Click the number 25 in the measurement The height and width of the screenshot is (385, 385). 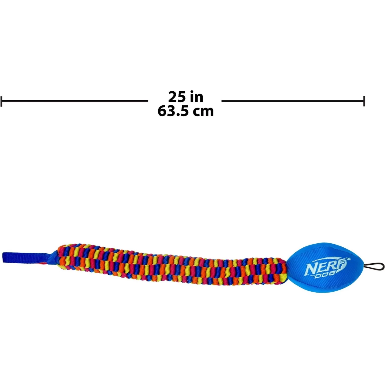pos(177,97)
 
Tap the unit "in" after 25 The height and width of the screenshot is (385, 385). pos(196,97)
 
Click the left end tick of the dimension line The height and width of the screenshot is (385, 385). pos(2,101)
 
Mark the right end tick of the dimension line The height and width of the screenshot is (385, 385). pos(364,101)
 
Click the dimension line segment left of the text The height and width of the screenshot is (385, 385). pos(75,101)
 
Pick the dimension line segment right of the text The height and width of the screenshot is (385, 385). pos(293,101)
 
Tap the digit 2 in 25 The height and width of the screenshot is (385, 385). pos(172,97)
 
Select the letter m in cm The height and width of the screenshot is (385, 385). pos(208,112)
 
